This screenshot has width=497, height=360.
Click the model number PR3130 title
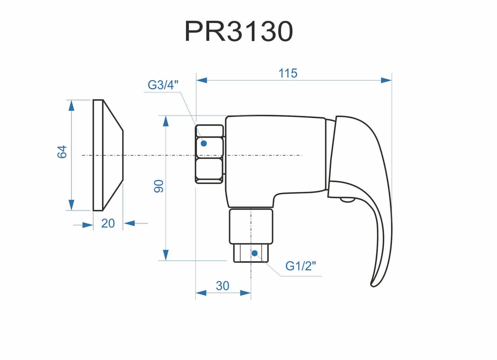coord(239,31)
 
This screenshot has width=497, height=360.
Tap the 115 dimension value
coord(288,73)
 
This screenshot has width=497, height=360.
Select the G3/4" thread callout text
coord(163,85)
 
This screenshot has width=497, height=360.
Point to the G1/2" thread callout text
coord(301,266)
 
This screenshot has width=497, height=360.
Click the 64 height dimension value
coord(62,152)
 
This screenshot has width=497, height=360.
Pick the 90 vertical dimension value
coord(159,186)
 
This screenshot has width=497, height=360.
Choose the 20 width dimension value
coord(108,224)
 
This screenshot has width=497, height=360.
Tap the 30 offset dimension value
coord(223,286)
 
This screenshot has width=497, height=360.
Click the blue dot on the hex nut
coord(204,143)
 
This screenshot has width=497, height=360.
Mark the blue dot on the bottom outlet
coord(255,253)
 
